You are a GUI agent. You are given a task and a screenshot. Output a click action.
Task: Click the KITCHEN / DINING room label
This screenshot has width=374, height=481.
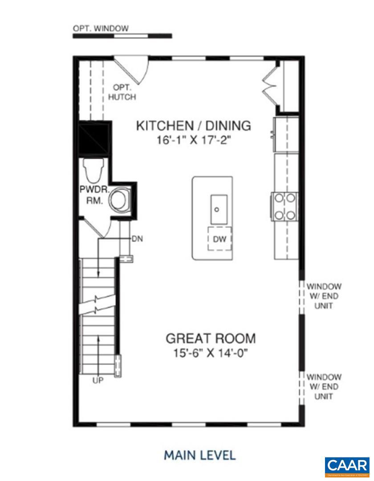[x=193, y=126]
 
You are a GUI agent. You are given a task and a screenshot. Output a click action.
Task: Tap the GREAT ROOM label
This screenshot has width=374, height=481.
[x=211, y=338]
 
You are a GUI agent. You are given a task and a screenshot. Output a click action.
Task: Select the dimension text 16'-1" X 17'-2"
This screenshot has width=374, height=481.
[x=193, y=140]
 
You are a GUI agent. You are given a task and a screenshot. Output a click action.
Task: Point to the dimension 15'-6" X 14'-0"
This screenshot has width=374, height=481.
[x=211, y=353]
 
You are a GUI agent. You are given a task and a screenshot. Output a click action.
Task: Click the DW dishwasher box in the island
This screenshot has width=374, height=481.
[x=220, y=239]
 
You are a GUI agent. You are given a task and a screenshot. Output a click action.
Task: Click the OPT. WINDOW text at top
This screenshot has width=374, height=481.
[x=101, y=29]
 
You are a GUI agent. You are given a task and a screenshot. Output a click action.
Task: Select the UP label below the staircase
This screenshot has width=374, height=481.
[x=98, y=380]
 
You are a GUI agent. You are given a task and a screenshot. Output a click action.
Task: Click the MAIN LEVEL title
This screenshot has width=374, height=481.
[x=199, y=455]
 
